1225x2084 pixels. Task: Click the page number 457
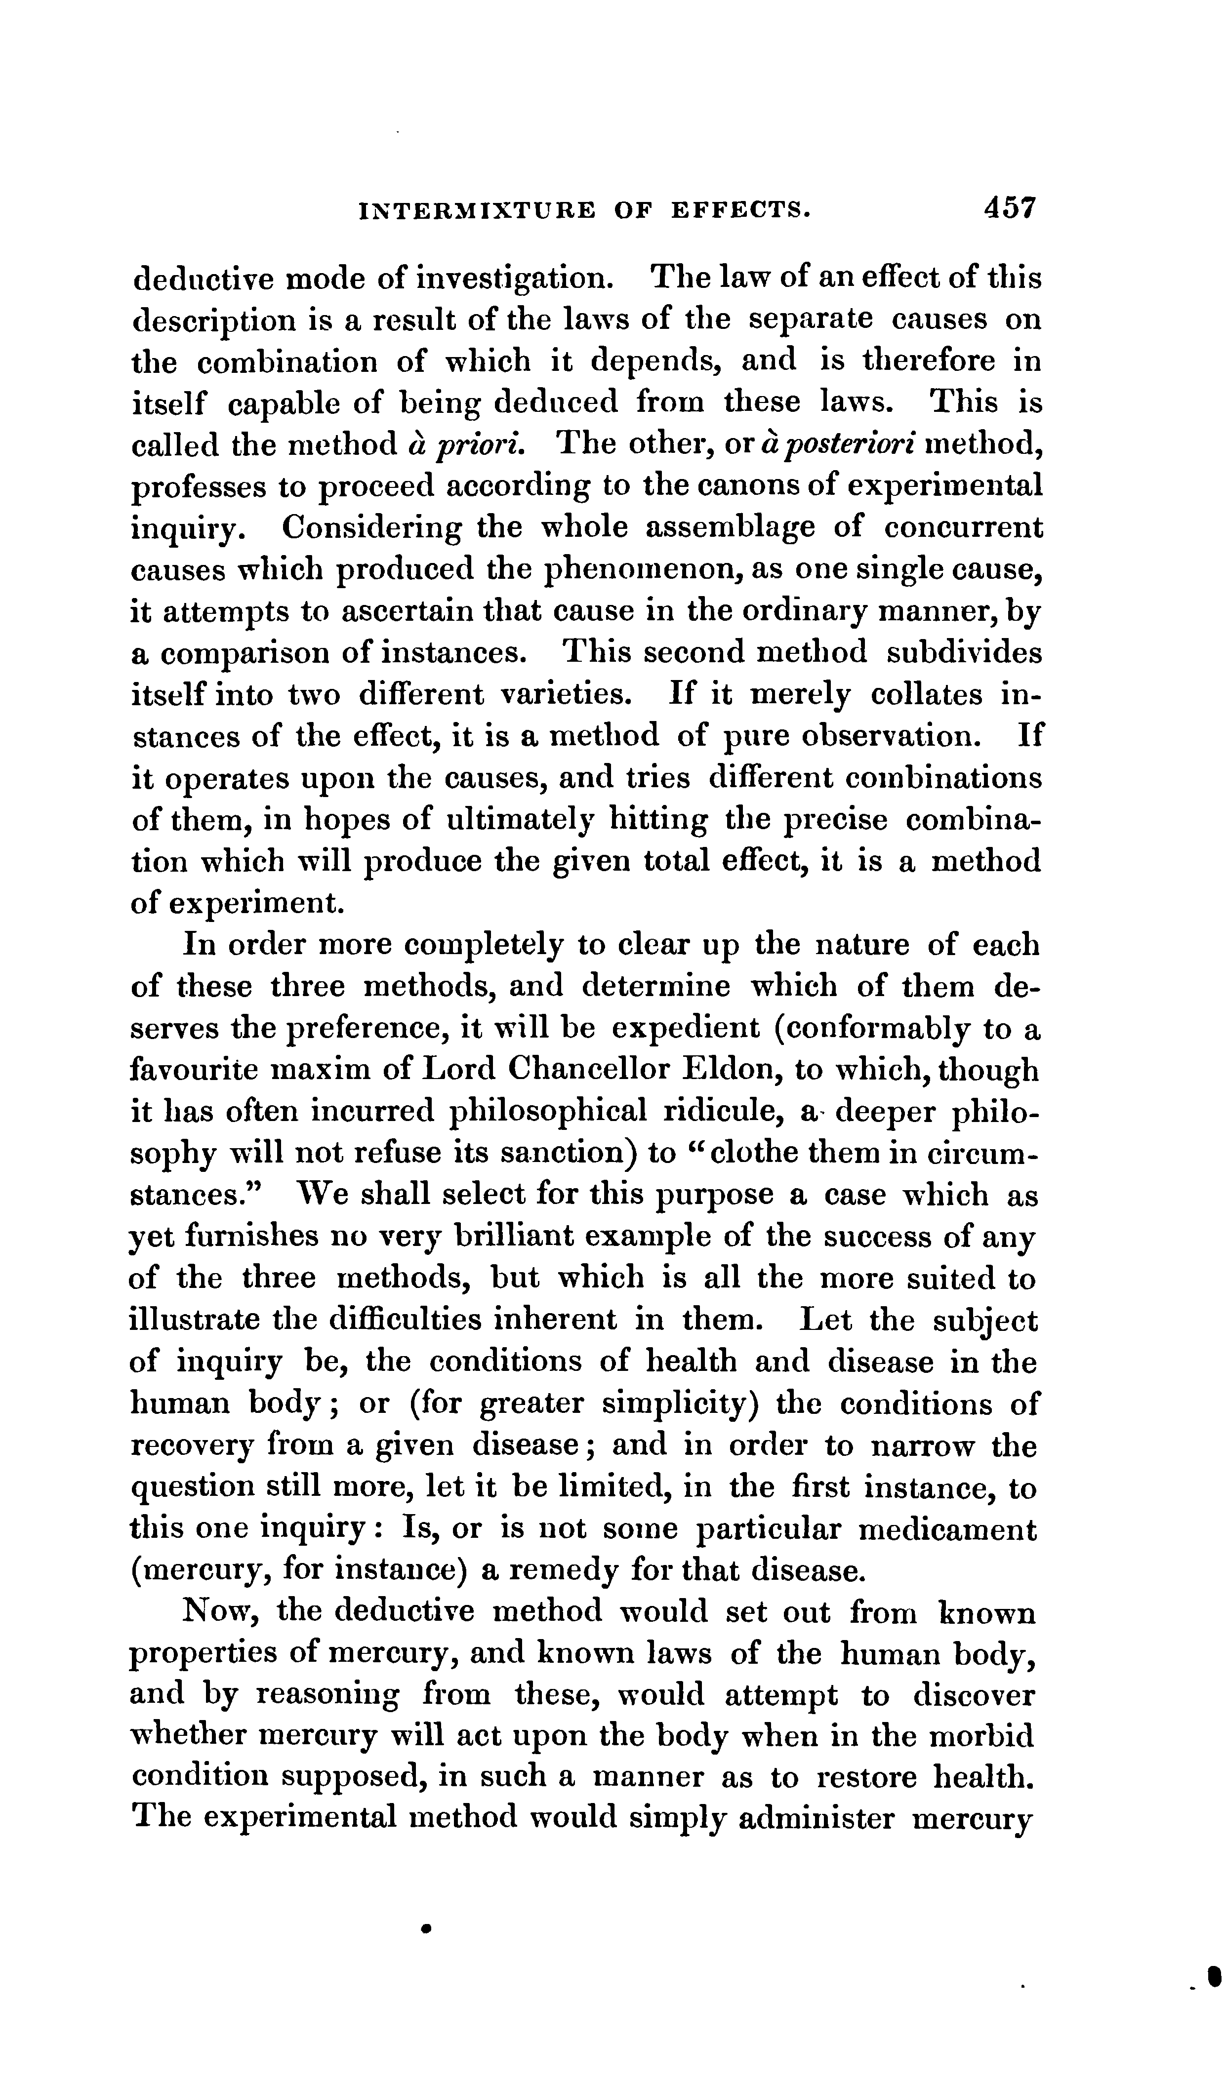pyautogui.click(x=1009, y=207)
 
